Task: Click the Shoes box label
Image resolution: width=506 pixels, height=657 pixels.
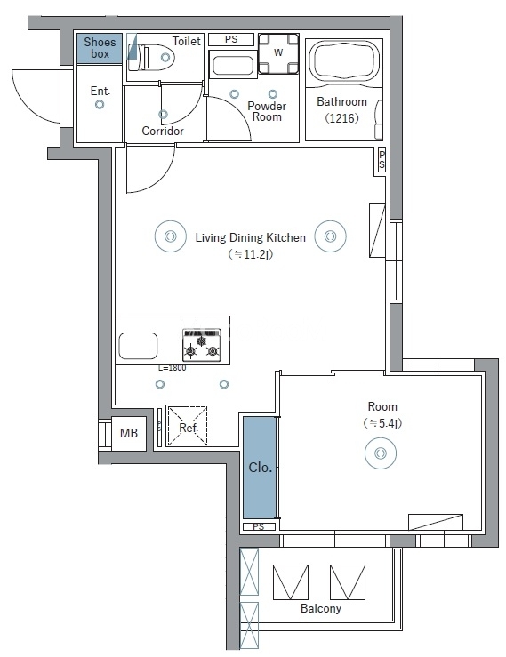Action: pyautogui.click(x=100, y=48)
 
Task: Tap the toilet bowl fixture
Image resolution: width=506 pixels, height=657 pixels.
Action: pyautogui.click(x=157, y=57)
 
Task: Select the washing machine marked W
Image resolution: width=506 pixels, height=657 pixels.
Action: pyautogui.click(x=278, y=52)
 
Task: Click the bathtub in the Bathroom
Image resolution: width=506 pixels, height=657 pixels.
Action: pyautogui.click(x=344, y=60)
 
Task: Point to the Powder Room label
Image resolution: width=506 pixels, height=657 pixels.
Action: pyautogui.click(x=267, y=111)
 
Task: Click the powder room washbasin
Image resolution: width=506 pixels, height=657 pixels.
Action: pyautogui.click(x=233, y=65)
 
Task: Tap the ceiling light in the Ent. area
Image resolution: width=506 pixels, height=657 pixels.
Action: pyautogui.click(x=100, y=104)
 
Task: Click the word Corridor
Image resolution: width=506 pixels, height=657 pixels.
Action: pyautogui.click(x=163, y=132)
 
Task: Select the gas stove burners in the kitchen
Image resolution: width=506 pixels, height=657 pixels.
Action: pyautogui.click(x=202, y=344)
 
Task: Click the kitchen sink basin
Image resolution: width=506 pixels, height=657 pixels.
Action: pyautogui.click(x=138, y=346)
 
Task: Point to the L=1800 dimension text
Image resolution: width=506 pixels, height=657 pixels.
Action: pyautogui.click(x=172, y=368)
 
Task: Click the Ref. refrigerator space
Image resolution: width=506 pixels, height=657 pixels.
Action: pyautogui.click(x=188, y=425)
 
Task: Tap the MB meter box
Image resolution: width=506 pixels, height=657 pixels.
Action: pyautogui.click(x=129, y=433)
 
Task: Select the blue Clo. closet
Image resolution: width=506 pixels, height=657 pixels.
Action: pyautogui.click(x=260, y=468)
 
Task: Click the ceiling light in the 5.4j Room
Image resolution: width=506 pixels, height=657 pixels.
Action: pyautogui.click(x=381, y=453)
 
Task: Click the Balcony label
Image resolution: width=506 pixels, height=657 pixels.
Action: pyautogui.click(x=321, y=608)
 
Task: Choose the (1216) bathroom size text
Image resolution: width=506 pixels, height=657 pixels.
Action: pyautogui.click(x=342, y=118)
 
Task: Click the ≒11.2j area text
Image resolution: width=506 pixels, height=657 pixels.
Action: pyautogui.click(x=250, y=254)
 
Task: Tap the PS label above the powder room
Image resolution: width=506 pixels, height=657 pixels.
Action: pyautogui.click(x=231, y=39)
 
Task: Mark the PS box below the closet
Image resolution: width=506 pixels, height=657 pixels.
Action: pyautogui.click(x=259, y=526)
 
